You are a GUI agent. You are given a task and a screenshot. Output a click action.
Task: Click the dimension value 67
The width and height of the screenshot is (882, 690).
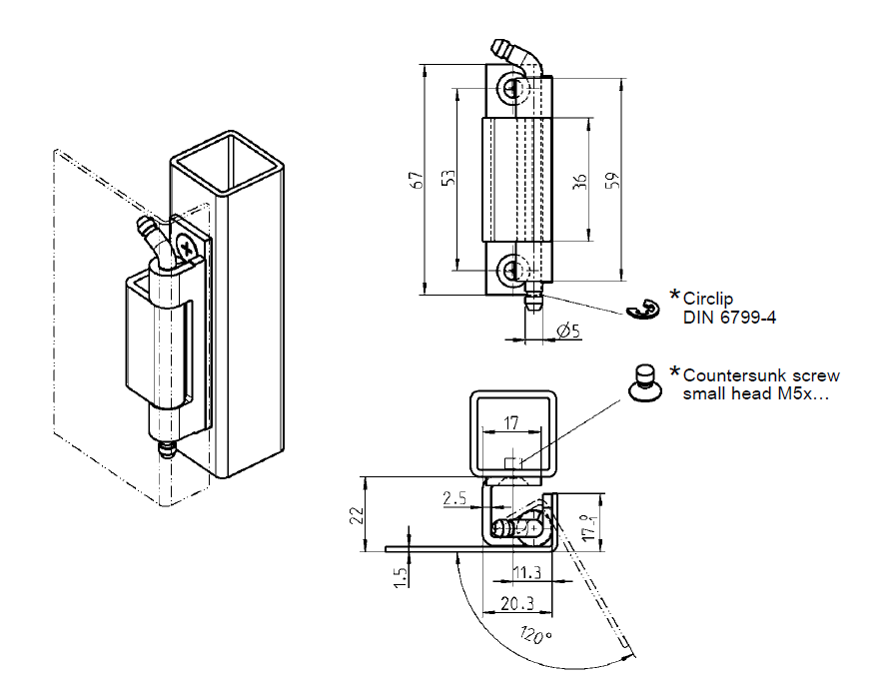418,180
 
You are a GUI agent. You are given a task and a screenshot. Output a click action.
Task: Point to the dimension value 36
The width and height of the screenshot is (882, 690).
580,180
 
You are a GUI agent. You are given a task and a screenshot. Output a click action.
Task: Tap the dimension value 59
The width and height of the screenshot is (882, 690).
613,180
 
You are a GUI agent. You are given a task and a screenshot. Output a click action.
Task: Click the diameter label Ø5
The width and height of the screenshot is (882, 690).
568,331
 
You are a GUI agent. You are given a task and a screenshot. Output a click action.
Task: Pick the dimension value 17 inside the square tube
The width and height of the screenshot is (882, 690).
511,423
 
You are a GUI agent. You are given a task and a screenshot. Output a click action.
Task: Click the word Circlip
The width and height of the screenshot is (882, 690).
710,298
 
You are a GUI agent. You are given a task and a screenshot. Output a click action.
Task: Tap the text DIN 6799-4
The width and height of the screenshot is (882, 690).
729,317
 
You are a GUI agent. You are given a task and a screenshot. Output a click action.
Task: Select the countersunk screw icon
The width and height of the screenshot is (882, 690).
645,382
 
